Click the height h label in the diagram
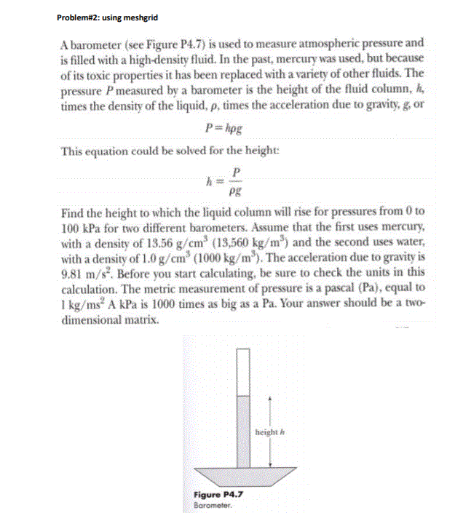tap(267, 432)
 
